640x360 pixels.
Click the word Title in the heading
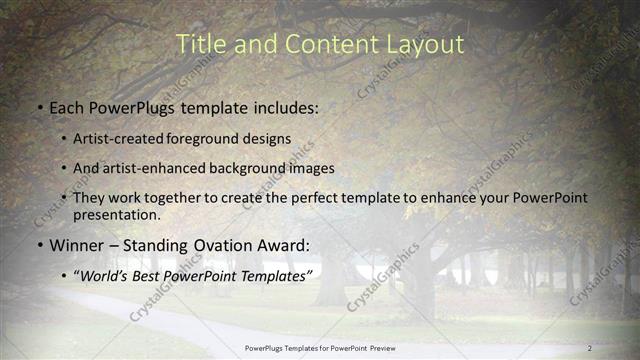coord(199,44)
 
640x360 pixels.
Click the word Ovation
coord(221,245)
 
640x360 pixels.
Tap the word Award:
coord(285,245)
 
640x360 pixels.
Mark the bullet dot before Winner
coord(38,245)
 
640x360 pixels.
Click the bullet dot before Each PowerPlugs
coord(38,105)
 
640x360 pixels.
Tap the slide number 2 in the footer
coord(589,347)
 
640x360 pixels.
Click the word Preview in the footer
coord(379,347)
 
